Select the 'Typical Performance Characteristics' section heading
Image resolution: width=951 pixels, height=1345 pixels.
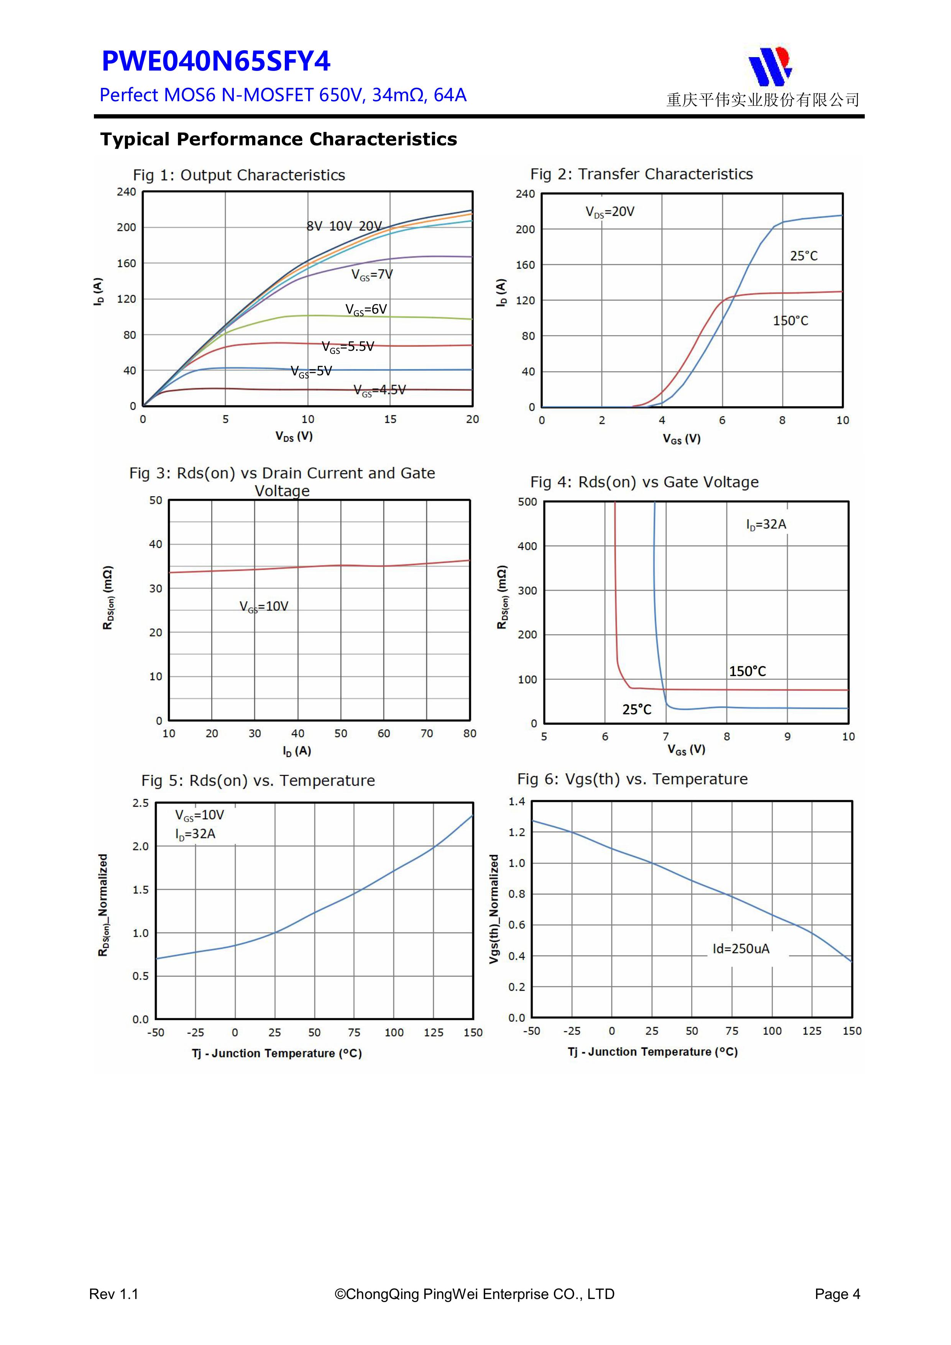pyautogui.click(x=278, y=140)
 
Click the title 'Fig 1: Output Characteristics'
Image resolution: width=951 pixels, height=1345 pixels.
pyautogui.click(x=239, y=175)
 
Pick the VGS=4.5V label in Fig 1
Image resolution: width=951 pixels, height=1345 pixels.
pyautogui.click(x=379, y=391)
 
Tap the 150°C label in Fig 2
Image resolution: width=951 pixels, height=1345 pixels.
pyautogui.click(x=790, y=321)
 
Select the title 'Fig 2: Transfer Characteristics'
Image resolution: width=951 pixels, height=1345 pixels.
pyautogui.click(x=641, y=174)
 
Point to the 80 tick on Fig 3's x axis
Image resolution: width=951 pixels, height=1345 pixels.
pyautogui.click(x=470, y=733)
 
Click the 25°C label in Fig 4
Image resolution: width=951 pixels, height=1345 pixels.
pyautogui.click(x=637, y=709)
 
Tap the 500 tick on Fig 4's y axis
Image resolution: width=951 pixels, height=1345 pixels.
pyautogui.click(x=527, y=502)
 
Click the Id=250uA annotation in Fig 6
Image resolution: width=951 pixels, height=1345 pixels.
pyautogui.click(x=741, y=949)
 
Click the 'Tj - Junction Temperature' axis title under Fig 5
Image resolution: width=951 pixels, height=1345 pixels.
pyautogui.click(x=276, y=1053)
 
